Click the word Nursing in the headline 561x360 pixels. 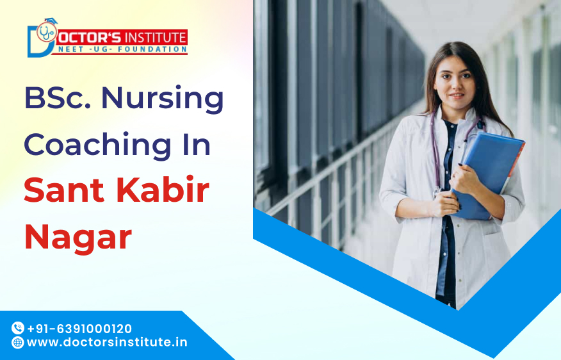pyautogui.click(x=163, y=100)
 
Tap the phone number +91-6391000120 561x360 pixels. pyautogui.click(x=79, y=329)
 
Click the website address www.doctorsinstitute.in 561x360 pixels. pyautogui.click(x=107, y=342)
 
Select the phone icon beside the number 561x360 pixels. pyautogui.click(x=17, y=329)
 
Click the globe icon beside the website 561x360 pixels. pyautogui.click(x=17, y=343)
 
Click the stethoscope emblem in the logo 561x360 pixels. pyautogui.click(x=46, y=32)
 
